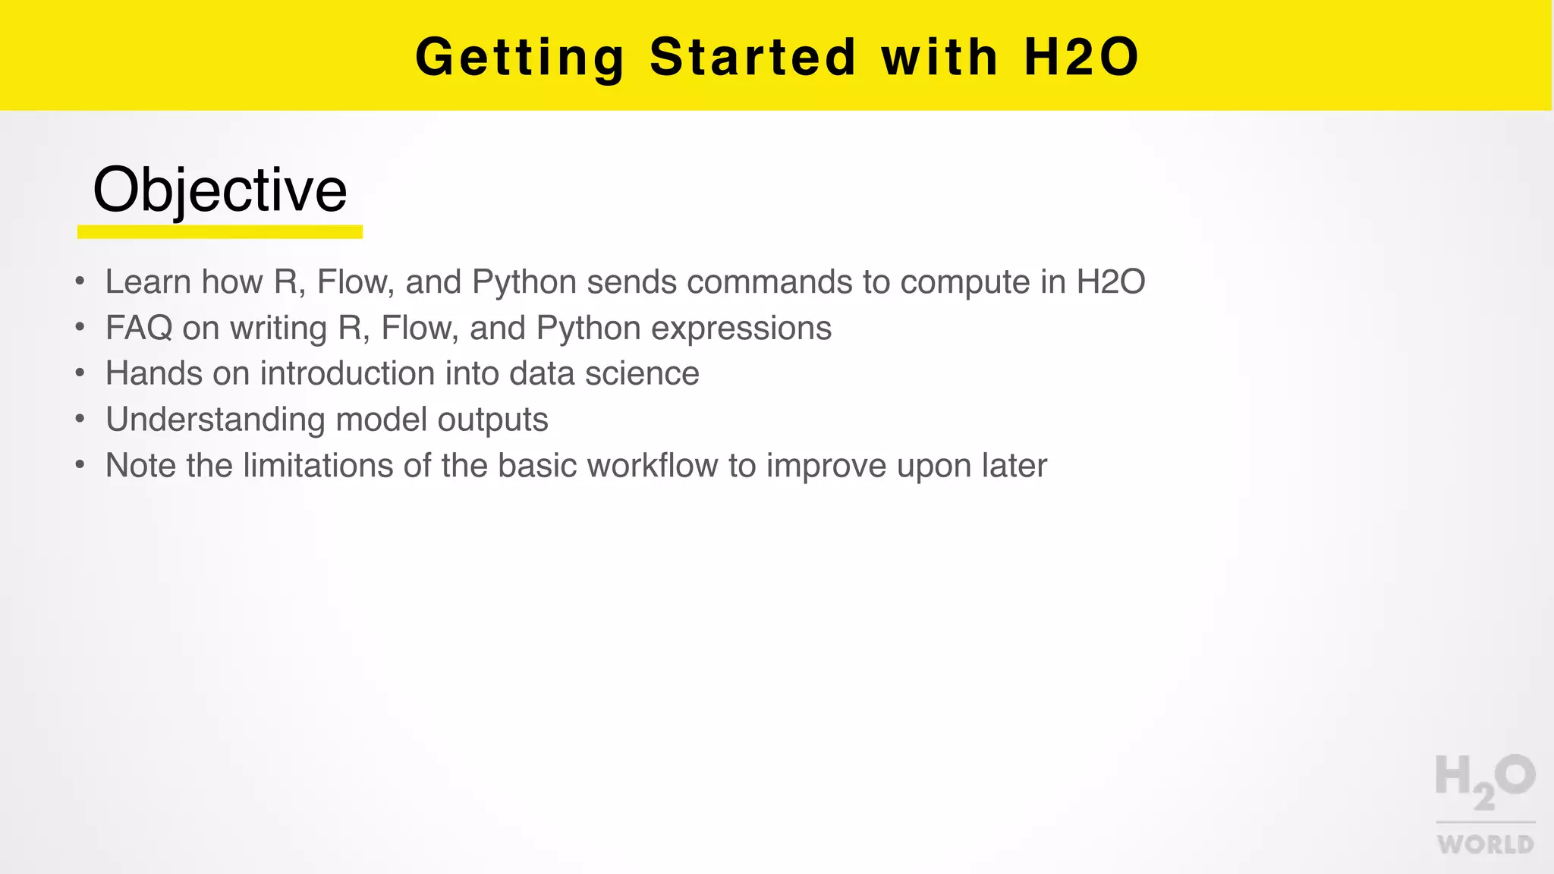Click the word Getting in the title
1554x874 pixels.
pyautogui.click(x=520, y=58)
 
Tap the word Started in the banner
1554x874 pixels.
pyautogui.click(x=753, y=58)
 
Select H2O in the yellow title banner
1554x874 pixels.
pyautogui.click(x=1081, y=58)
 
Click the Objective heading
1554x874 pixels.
pyautogui.click(x=220, y=190)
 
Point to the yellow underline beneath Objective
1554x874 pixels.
pyautogui.click(x=220, y=231)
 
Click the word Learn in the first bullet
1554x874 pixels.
pyautogui.click(x=148, y=282)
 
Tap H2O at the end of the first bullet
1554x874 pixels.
pyautogui.click(x=1111, y=282)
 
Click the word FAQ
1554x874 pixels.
pyautogui.click(x=139, y=329)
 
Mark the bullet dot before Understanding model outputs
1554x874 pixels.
pyautogui.click(x=80, y=420)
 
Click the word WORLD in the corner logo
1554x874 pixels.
pyautogui.click(x=1485, y=844)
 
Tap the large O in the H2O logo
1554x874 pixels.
pyautogui.click(x=1515, y=775)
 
